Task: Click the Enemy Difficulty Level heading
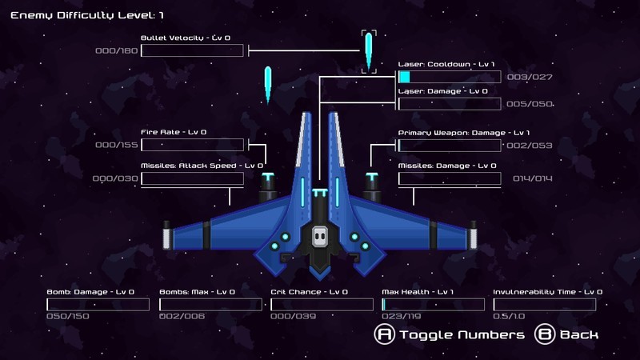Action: tap(87, 15)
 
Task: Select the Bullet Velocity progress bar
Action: tap(192, 51)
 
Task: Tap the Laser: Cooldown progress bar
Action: tap(450, 77)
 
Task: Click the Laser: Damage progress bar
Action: tap(450, 103)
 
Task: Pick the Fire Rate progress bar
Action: tap(192, 145)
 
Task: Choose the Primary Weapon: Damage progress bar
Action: tap(450, 145)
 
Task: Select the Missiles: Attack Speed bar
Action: tap(192, 178)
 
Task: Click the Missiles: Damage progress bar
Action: tap(450, 178)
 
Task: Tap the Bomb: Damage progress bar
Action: tap(98, 304)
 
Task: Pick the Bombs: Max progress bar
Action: tap(210, 304)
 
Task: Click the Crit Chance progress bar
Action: tap(322, 304)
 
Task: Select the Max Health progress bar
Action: tap(433, 304)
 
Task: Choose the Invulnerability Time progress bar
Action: tap(545, 304)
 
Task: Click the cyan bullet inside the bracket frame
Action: tap(369, 51)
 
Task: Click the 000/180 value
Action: tap(117, 51)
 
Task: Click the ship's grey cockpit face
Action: tap(320, 235)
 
